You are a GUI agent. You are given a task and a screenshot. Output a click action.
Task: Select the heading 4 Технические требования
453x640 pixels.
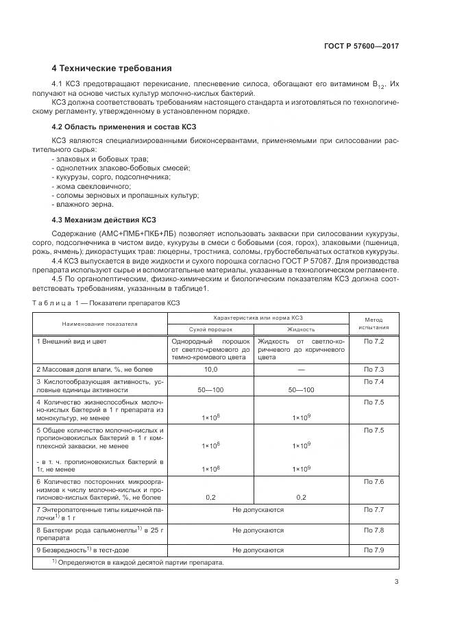coord(112,68)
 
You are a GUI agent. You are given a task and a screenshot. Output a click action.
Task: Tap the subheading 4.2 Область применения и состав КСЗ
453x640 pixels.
coord(118,127)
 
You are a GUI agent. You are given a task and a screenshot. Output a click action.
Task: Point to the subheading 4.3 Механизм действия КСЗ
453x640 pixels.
coord(104,220)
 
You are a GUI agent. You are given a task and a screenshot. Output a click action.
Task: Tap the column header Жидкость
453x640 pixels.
coord(301,329)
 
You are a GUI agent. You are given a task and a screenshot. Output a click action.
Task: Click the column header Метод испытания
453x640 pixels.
coord(374,324)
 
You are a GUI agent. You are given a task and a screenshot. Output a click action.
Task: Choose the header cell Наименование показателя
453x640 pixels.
coord(100,323)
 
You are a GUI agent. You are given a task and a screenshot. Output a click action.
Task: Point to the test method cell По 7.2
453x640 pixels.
coord(374,341)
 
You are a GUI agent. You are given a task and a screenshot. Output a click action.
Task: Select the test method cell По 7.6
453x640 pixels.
coord(374,483)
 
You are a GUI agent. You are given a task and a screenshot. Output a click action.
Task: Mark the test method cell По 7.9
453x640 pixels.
coord(374,550)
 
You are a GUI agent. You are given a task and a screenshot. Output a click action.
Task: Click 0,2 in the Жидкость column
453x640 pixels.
coord(301,498)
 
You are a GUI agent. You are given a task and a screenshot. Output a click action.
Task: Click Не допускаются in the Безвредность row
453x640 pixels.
coord(258,550)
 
